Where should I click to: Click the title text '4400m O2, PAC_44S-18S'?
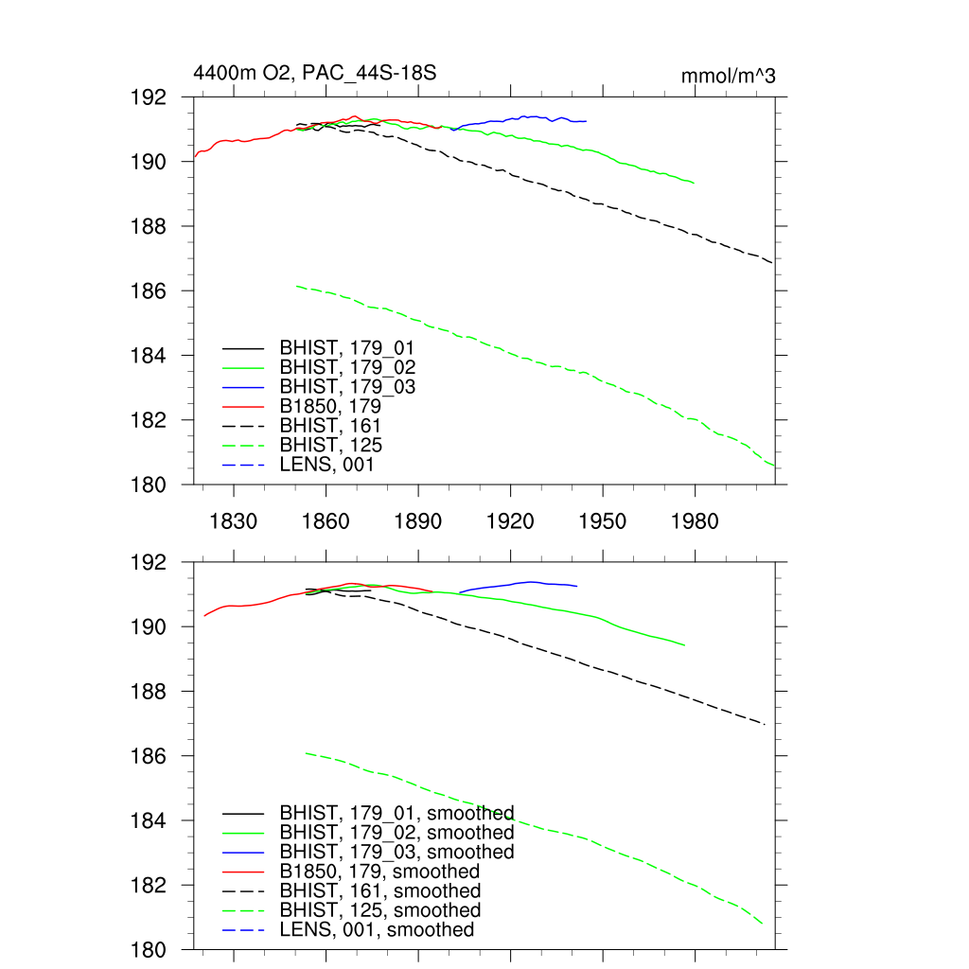tap(314, 74)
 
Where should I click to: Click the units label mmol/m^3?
tap(729, 76)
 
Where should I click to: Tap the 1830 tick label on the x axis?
tap(234, 521)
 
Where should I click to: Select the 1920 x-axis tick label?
tap(510, 521)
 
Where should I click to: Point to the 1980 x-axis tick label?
tap(695, 521)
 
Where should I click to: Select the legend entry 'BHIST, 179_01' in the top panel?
tap(346, 348)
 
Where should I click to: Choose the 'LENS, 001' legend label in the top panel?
tap(326, 465)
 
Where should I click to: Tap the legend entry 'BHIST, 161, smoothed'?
tap(379, 891)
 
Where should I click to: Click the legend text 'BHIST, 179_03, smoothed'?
tap(396, 853)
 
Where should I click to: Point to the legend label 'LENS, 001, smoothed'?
tap(377, 930)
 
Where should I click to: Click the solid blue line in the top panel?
tap(530, 117)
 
